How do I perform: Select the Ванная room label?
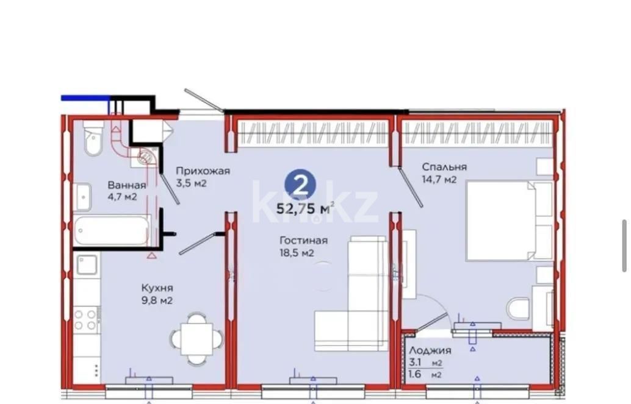click(127, 185)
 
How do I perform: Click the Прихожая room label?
click(203, 171)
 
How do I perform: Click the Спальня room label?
click(444, 167)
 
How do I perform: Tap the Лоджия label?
click(430, 350)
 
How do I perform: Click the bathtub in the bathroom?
click(111, 230)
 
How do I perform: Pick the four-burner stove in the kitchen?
click(86, 319)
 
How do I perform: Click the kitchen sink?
click(87, 265)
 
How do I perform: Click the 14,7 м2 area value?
click(439, 179)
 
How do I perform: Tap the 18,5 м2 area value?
click(297, 253)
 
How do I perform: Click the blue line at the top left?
click(85, 97)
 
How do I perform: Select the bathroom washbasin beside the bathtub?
click(82, 196)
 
